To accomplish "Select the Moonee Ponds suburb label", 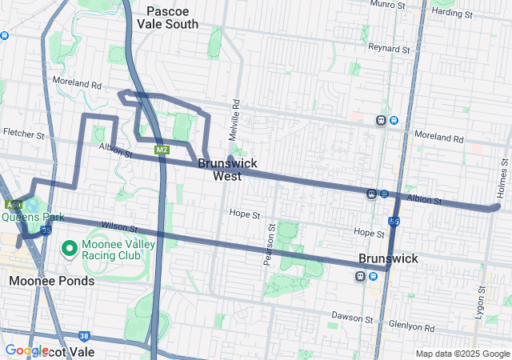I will coord(51,281).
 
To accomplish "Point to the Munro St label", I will coord(390,5).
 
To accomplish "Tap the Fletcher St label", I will coord(24,133).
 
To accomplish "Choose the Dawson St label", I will coord(348,317).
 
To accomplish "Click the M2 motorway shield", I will coord(162,150).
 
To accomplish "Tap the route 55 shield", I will coord(394,220).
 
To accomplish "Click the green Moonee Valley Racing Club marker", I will coord(70,248).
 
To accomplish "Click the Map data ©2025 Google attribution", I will coord(462,354).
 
